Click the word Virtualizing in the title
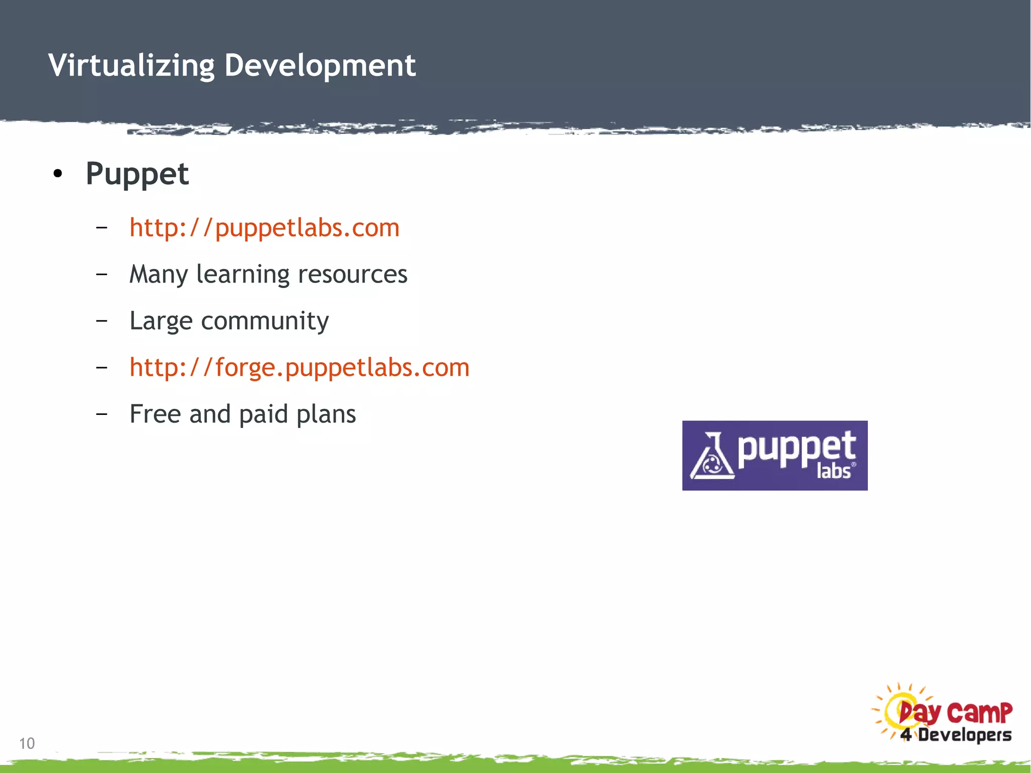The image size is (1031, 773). click(x=131, y=65)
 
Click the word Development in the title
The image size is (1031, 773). click(x=320, y=65)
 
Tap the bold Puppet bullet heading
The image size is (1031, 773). click(x=137, y=174)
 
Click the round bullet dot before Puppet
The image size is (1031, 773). click(x=58, y=174)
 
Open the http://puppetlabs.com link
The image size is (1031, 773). click(x=264, y=228)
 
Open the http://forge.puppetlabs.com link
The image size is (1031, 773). click(x=299, y=367)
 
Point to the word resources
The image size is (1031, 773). click(x=352, y=274)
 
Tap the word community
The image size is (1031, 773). click(x=265, y=321)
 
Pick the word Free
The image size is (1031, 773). click(x=155, y=414)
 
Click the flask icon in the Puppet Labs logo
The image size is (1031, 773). click(x=711, y=457)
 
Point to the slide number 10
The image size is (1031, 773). click(x=27, y=743)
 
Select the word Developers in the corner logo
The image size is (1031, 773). click(x=965, y=735)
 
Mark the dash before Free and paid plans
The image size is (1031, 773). click(x=102, y=414)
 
